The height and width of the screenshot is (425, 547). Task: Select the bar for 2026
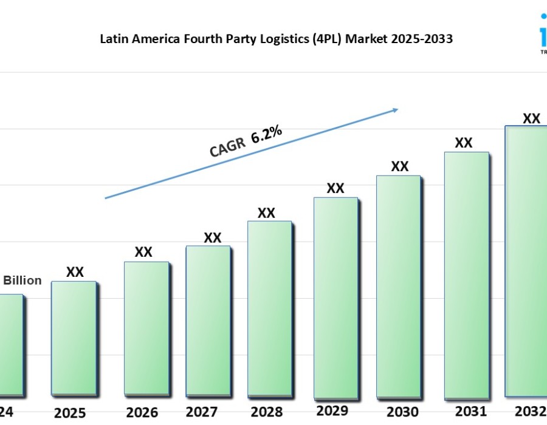point(146,328)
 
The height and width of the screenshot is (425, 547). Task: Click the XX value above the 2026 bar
point(143,252)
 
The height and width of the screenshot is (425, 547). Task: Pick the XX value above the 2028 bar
point(266,213)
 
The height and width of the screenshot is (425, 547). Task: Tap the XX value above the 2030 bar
point(400,166)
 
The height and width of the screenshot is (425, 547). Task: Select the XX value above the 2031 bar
point(464,143)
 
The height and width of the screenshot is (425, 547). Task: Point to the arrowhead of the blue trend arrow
point(395,109)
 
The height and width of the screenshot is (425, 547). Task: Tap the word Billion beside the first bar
point(23,280)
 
